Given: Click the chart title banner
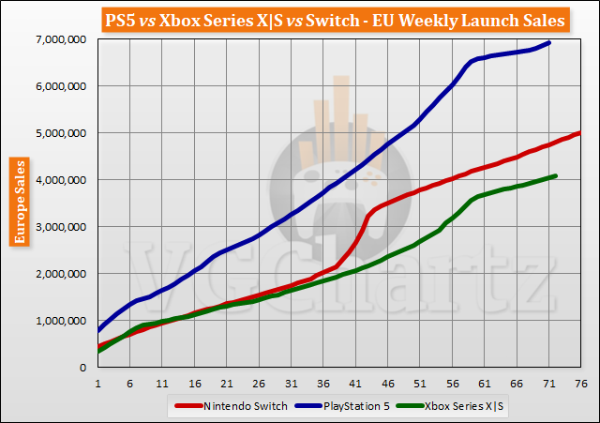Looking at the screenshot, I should point(300,18).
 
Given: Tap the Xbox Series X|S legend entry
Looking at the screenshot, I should point(460,405).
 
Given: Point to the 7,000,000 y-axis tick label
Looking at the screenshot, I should point(58,38).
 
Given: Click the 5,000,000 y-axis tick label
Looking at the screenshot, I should point(58,132).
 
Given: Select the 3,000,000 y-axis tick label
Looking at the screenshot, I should point(58,226).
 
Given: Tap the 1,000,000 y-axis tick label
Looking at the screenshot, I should point(58,320).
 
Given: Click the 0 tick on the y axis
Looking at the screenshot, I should point(82,367).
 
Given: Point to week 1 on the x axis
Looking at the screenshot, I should point(97,383).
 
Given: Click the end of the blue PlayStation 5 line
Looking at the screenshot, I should point(549,42).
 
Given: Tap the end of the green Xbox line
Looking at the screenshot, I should point(556,175).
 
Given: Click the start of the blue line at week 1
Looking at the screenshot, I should point(97,330).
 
